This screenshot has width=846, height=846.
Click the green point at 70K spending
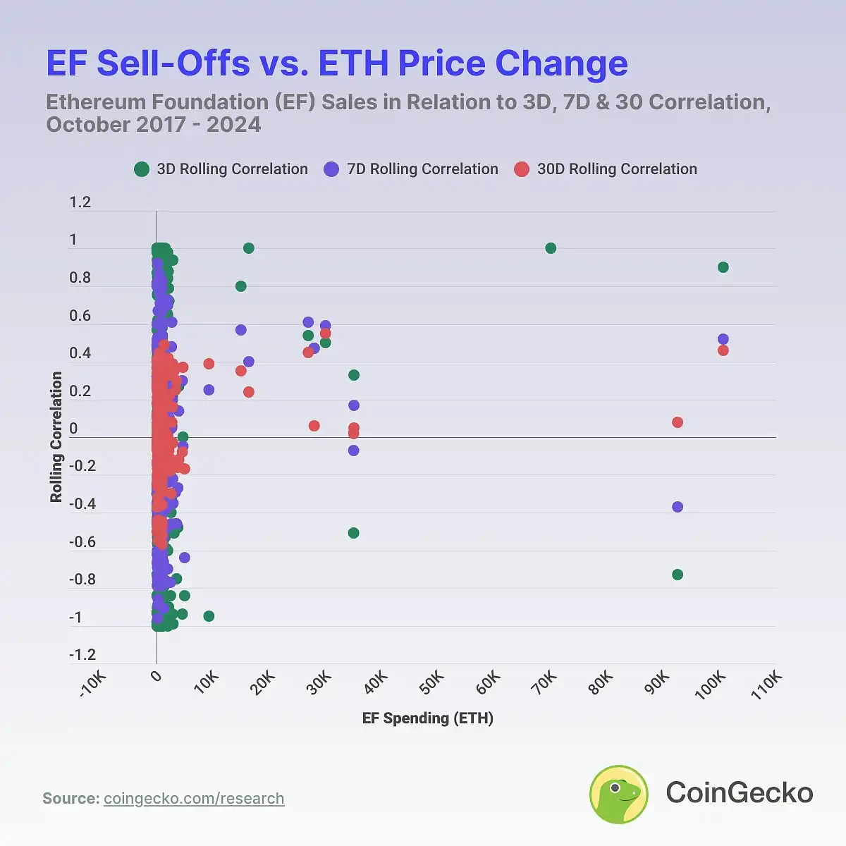pyautogui.click(x=551, y=248)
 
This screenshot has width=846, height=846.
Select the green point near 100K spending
pyautogui.click(x=723, y=267)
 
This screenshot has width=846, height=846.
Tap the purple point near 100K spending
pyautogui.click(x=723, y=339)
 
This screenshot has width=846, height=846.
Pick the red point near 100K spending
pyautogui.click(x=723, y=350)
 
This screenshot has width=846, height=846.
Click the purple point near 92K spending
pyautogui.click(x=678, y=507)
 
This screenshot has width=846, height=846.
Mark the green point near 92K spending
pyautogui.click(x=678, y=575)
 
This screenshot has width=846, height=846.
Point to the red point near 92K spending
pyautogui.click(x=678, y=422)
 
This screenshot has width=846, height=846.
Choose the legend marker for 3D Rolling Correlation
pyautogui.click(x=142, y=169)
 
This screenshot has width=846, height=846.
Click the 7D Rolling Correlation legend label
pyautogui.click(x=422, y=169)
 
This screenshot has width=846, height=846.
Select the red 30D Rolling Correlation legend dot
pyautogui.click(x=522, y=169)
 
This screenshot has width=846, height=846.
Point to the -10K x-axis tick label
pyautogui.click(x=93, y=684)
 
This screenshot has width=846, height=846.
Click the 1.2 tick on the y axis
pyautogui.click(x=80, y=202)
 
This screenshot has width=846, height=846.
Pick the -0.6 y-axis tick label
pyautogui.click(x=82, y=541)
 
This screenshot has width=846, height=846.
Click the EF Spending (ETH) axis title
pyautogui.click(x=428, y=718)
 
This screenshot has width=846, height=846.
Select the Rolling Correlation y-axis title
pyautogui.click(x=56, y=437)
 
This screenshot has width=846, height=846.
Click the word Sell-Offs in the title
pyautogui.click(x=173, y=63)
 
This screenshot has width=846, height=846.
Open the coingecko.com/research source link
pyautogui.click(x=194, y=799)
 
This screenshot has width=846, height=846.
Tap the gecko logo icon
pyautogui.click(x=619, y=794)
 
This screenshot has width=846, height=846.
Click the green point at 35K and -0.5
pyautogui.click(x=353, y=533)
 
